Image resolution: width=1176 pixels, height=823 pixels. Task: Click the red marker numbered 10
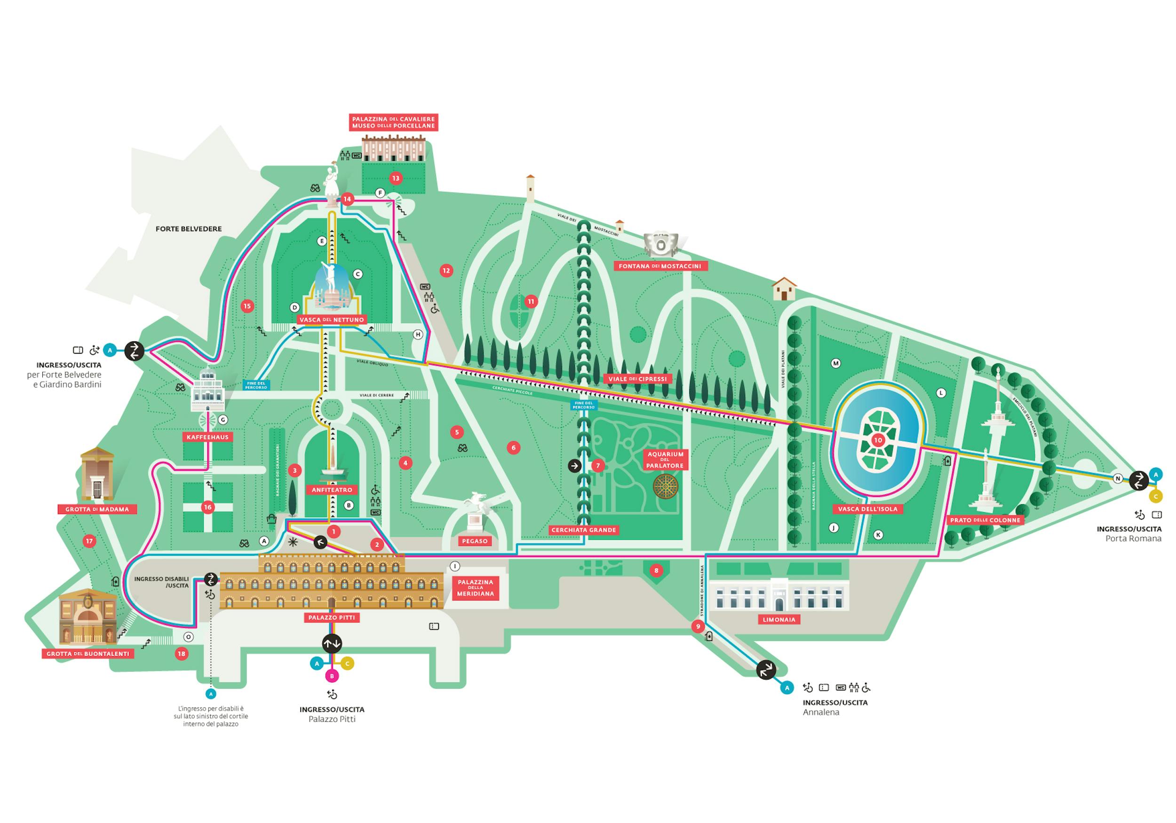[x=878, y=440]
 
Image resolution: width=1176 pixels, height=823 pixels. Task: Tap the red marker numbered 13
[x=396, y=178]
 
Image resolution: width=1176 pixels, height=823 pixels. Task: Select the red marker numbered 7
[x=597, y=466]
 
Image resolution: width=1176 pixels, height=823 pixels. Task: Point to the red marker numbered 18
[x=181, y=654]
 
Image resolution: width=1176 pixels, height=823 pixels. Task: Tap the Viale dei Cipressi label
[x=638, y=379]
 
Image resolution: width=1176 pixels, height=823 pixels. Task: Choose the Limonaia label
[x=779, y=620]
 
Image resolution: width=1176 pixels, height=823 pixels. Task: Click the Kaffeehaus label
[x=207, y=437]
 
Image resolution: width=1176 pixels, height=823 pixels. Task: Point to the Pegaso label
[x=475, y=541]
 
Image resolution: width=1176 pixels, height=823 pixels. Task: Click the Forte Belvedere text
[x=189, y=229]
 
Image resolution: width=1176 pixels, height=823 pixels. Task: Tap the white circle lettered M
[x=835, y=363]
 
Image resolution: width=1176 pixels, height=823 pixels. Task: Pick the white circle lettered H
[x=418, y=334]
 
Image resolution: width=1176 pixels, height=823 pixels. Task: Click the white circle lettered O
[x=189, y=637]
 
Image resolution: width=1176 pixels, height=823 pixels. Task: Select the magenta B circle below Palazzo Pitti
[x=332, y=676]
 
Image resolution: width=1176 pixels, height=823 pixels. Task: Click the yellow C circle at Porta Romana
[x=1155, y=496]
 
